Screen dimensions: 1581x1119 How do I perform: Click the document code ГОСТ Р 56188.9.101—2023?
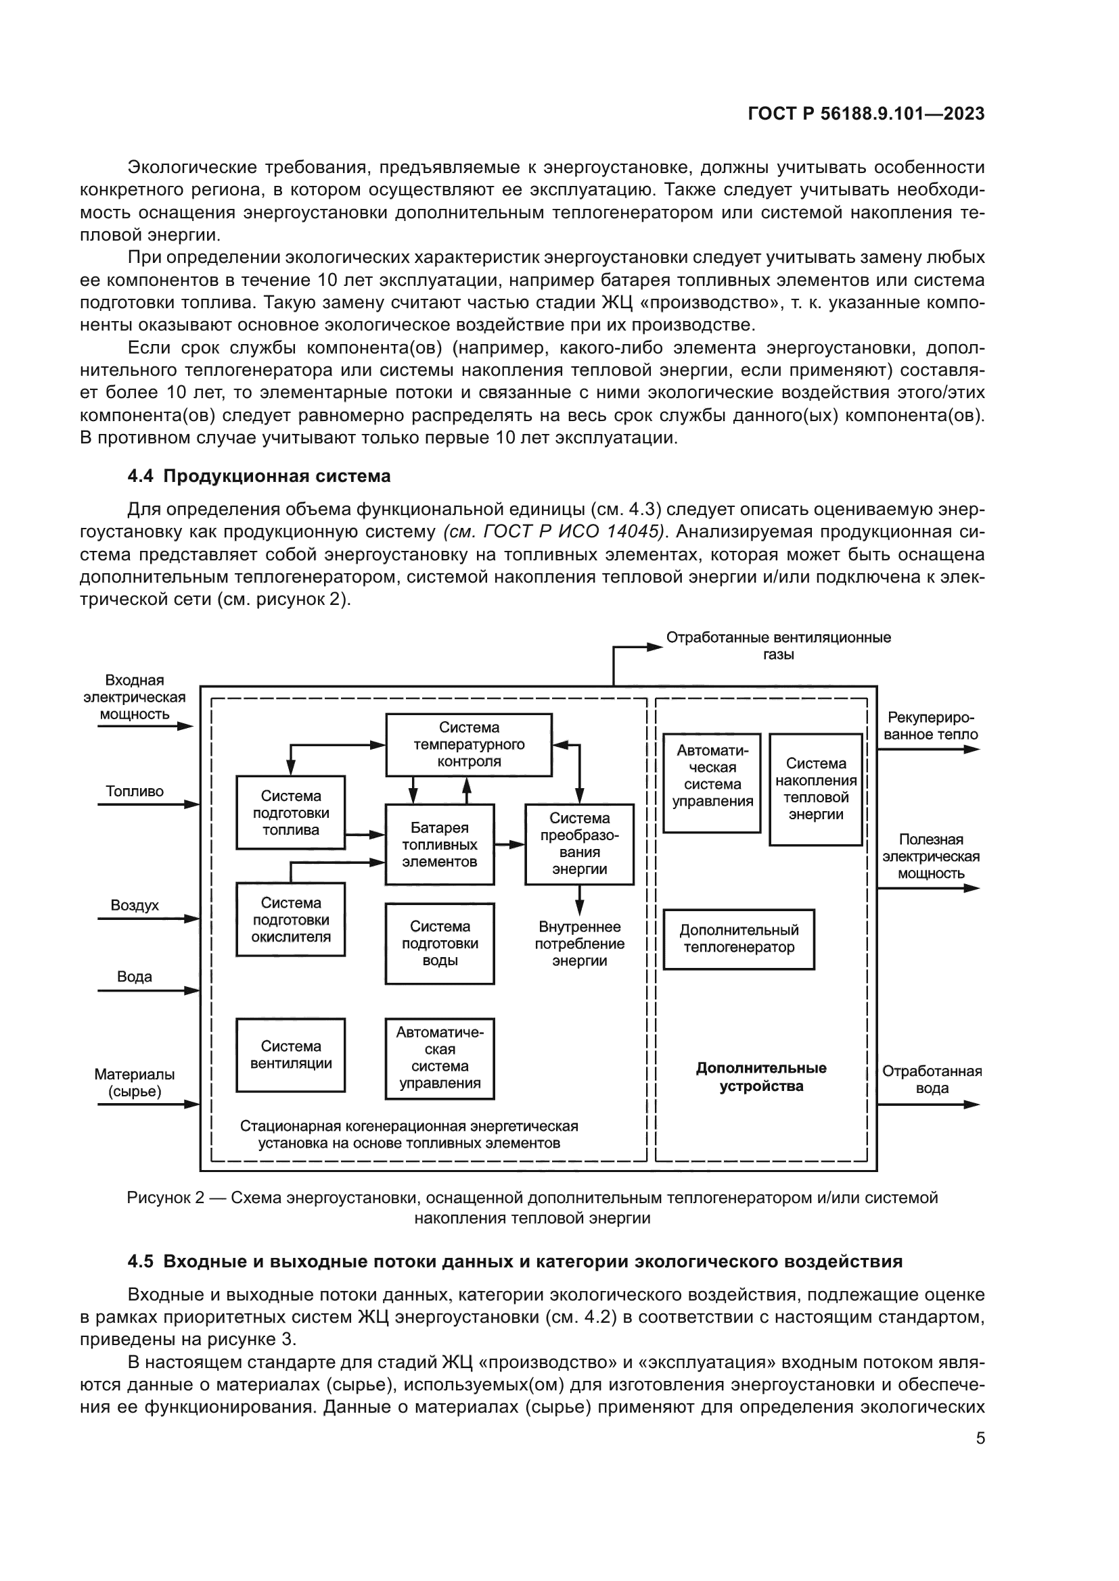pos(865,114)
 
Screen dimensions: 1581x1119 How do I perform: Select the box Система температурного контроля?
pos(469,744)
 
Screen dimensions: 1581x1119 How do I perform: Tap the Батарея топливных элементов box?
pos(439,844)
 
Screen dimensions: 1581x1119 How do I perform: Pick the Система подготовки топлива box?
pos(290,812)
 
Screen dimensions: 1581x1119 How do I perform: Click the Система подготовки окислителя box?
pos(290,919)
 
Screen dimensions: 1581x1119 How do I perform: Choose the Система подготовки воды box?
pos(439,944)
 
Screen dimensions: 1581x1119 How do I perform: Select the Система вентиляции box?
pos(290,1054)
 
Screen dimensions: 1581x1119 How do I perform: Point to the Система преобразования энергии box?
pos(579,844)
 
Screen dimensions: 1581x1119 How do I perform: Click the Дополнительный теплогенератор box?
pos(738,939)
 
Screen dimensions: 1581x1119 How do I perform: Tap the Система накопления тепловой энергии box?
pos(815,789)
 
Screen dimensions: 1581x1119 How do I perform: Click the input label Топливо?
pos(135,792)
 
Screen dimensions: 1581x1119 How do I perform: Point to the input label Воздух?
pos(135,906)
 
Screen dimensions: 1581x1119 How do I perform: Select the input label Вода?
pos(135,977)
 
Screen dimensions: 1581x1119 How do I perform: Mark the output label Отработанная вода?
pos(932,1079)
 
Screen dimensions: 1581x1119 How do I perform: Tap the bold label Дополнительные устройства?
pos(760,1077)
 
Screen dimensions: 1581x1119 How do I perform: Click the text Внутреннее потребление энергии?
pos(579,944)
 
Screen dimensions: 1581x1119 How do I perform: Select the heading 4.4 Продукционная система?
pos(259,476)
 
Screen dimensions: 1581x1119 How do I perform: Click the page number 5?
pos(980,1438)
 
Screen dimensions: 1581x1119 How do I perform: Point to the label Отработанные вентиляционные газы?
pos(778,646)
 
